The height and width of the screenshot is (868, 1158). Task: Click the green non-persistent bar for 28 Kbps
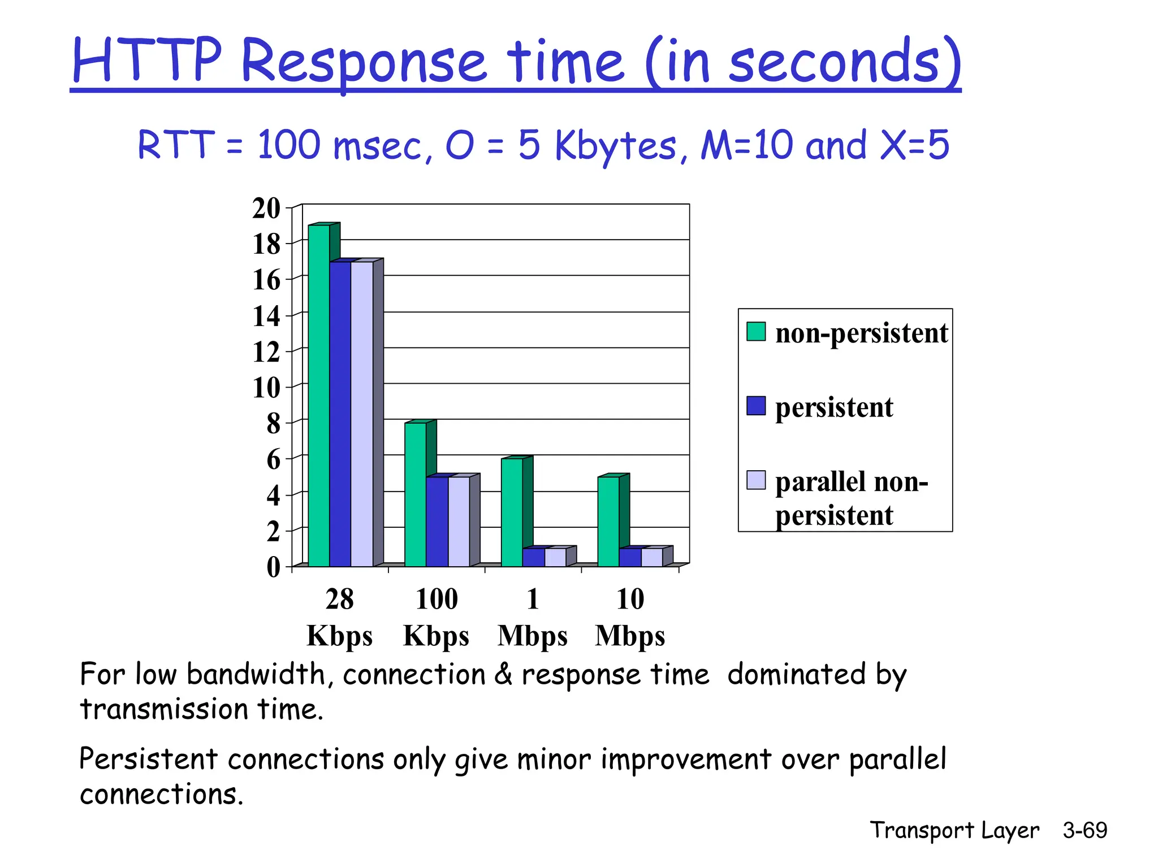tap(318, 396)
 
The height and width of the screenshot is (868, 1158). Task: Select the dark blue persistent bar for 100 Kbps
tap(437, 521)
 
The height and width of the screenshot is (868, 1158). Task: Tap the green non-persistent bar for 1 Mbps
tap(512, 512)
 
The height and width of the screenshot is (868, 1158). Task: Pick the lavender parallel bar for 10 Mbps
tap(652, 557)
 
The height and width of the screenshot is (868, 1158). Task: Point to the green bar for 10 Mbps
tap(608, 521)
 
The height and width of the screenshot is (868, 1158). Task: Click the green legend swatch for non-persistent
tap(755, 332)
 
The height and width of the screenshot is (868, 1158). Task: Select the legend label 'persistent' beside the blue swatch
tap(833, 407)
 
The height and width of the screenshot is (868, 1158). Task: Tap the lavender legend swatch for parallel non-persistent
tap(755, 480)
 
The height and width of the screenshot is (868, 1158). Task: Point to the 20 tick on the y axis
tap(266, 209)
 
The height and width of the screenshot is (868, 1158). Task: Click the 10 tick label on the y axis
tap(266, 388)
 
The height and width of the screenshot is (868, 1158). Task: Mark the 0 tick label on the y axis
tap(273, 567)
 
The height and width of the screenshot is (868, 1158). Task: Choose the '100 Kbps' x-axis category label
tap(436, 617)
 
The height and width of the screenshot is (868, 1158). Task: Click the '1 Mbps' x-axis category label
tap(532, 617)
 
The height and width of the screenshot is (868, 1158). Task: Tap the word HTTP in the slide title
tap(147, 60)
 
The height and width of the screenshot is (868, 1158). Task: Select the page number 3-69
tap(1084, 830)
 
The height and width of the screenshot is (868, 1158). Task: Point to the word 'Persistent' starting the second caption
tap(148, 759)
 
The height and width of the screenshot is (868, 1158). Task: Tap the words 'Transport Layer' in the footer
tap(954, 830)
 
